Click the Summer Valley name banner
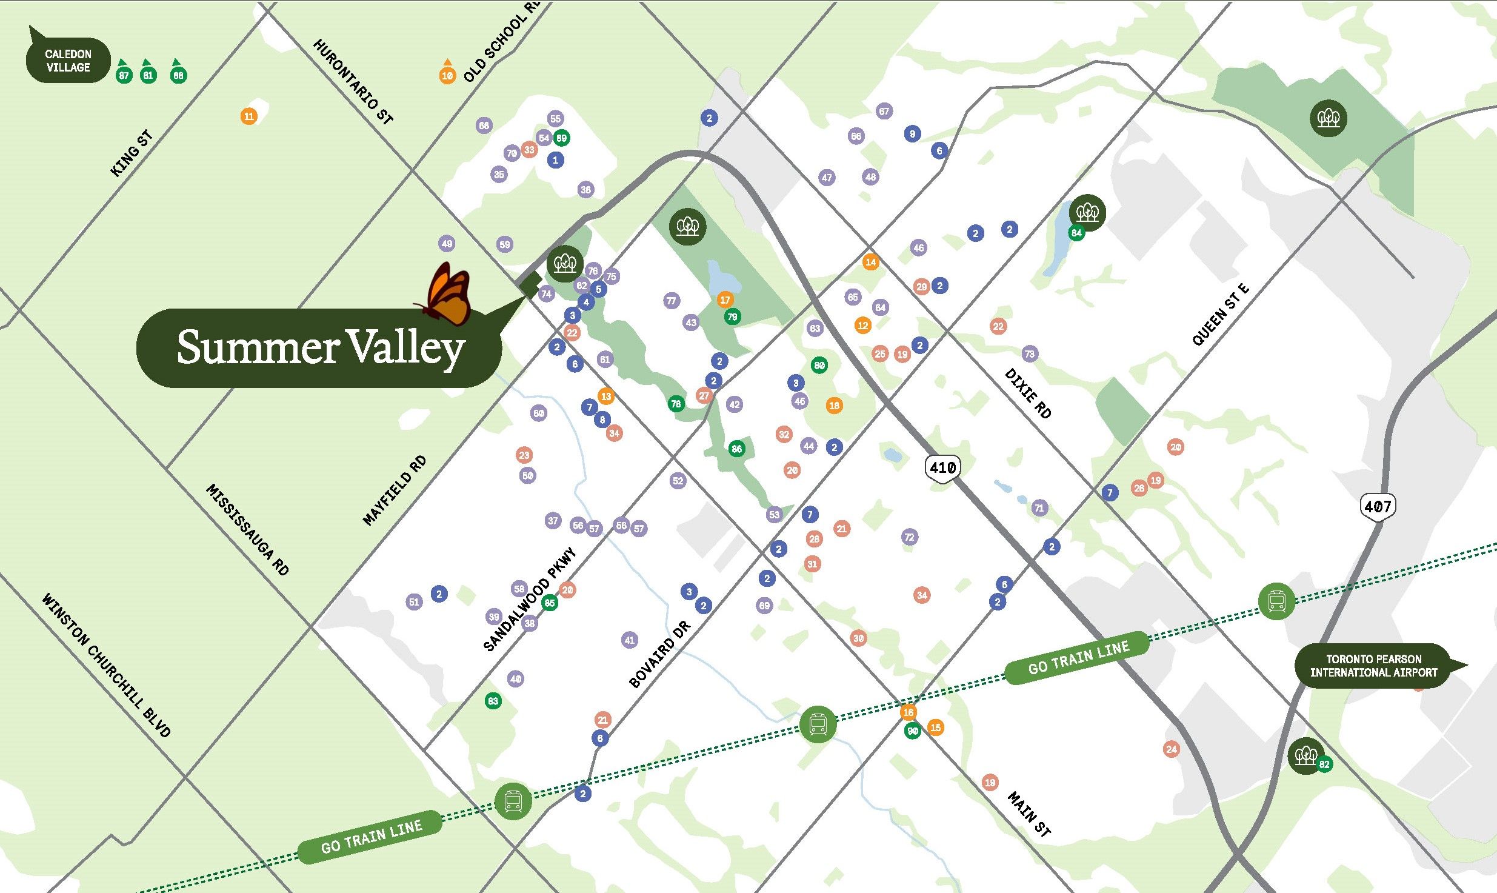coord(319,348)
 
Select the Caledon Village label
coord(68,61)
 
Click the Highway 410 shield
coord(942,468)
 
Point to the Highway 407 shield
coord(1377,506)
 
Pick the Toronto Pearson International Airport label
coord(1373,666)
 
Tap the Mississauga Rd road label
coord(248,529)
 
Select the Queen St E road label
coord(1220,315)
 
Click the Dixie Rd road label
coord(1028,393)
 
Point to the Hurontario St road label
coord(353,82)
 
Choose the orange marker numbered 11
coord(248,116)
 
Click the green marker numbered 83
coord(493,701)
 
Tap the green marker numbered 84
coord(1076,233)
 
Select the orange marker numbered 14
coord(870,263)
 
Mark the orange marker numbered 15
coord(935,727)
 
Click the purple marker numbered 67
coord(884,112)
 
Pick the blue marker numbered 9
coord(912,134)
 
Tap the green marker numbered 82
coord(1324,764)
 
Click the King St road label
coord(132,153)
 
